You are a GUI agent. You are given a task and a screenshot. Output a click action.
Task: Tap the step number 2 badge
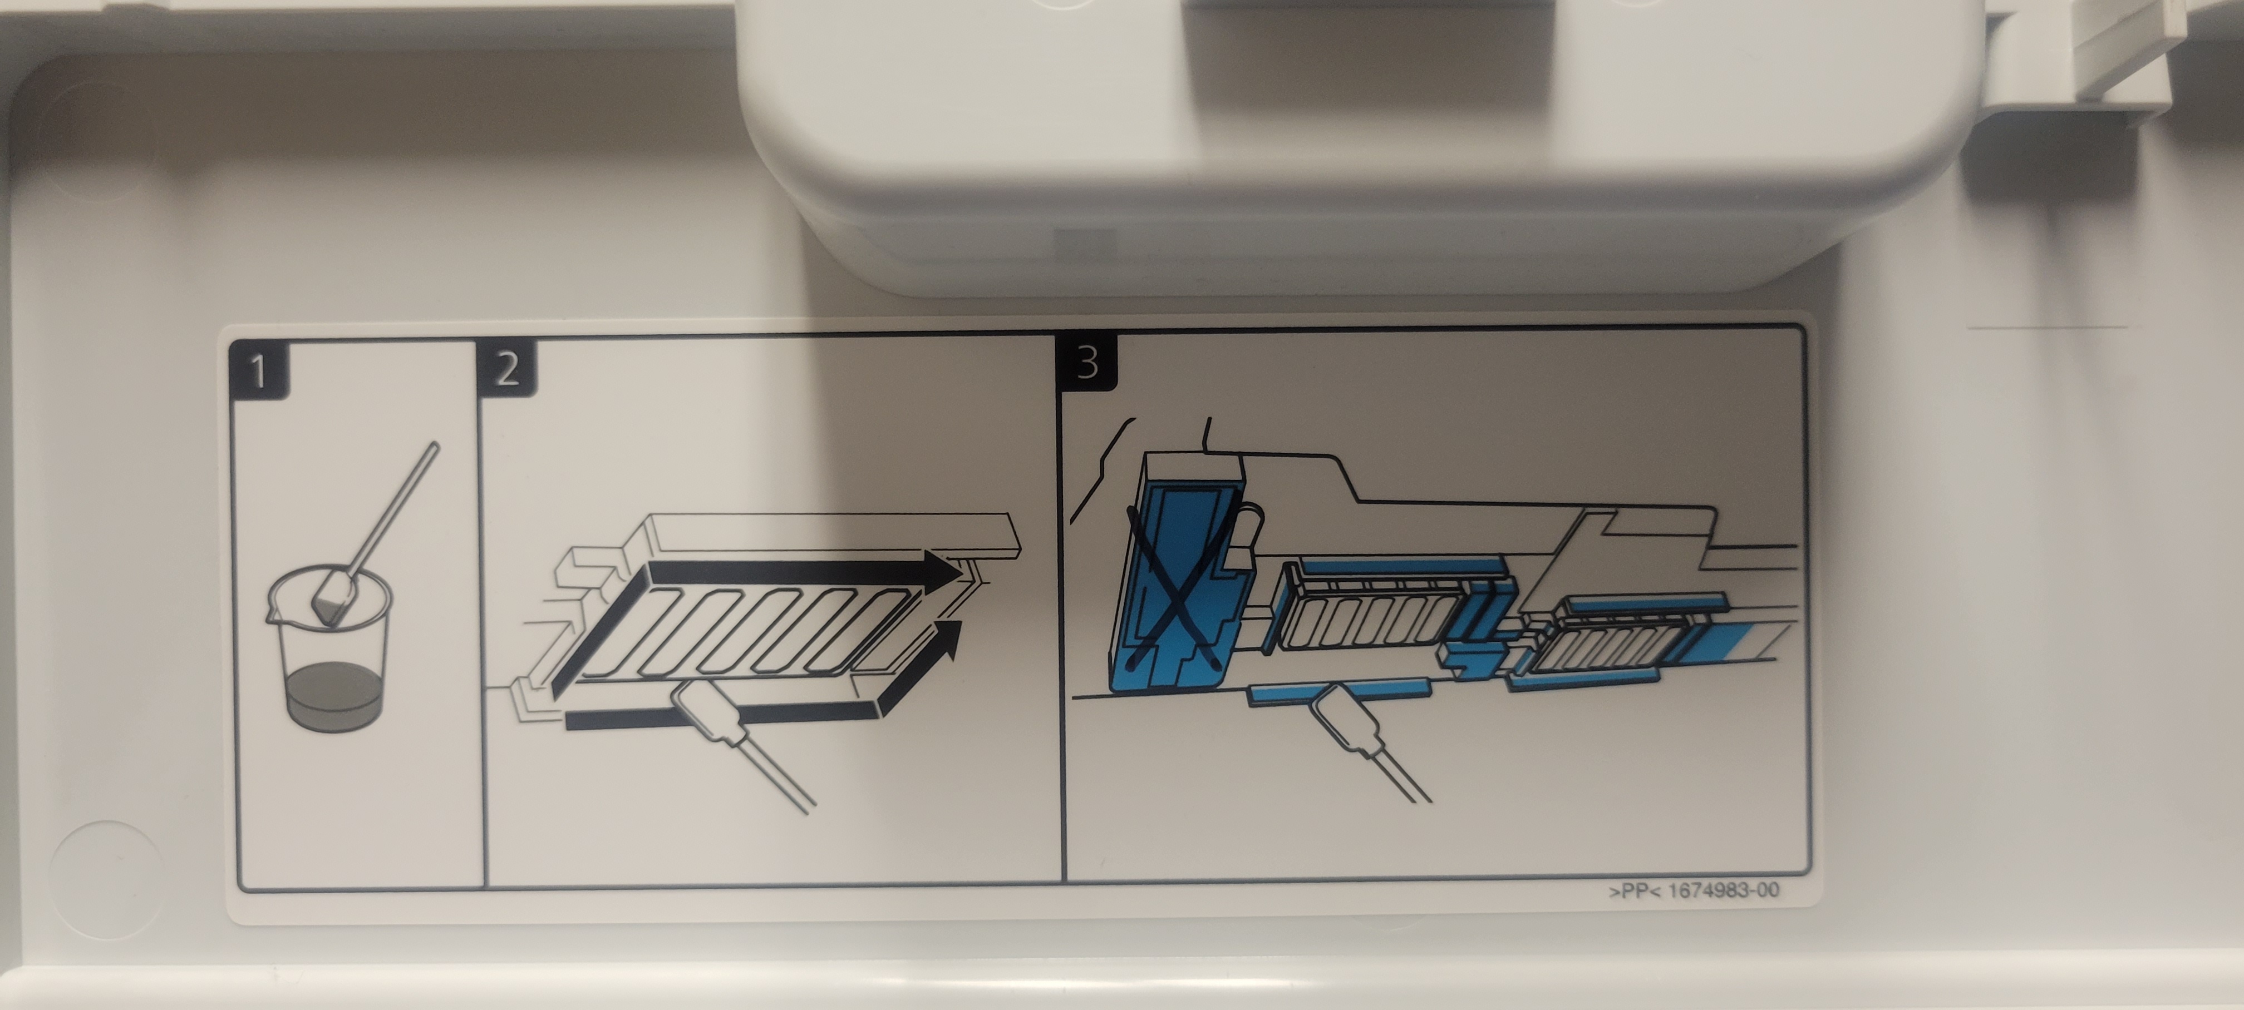click(507, 368)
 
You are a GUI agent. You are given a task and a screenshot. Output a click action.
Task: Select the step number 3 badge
click(1086, 362)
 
